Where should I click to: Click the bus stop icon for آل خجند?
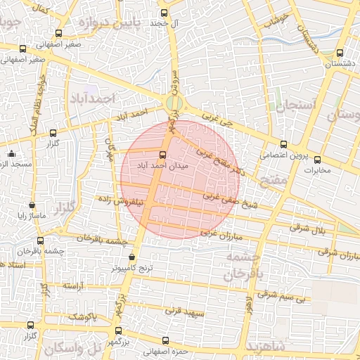[x=165, y=12]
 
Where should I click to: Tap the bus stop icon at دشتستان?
[x=340, y=53]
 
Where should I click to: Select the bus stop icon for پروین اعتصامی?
[x=283, y=144]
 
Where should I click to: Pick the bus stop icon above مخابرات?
[x=317, y=160]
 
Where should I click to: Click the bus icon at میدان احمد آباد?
[x=163, y=154]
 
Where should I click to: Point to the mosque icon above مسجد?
[x=11, y=154]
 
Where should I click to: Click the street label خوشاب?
[x=275, y=19]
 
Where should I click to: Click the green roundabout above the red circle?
[x=174, y=104]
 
